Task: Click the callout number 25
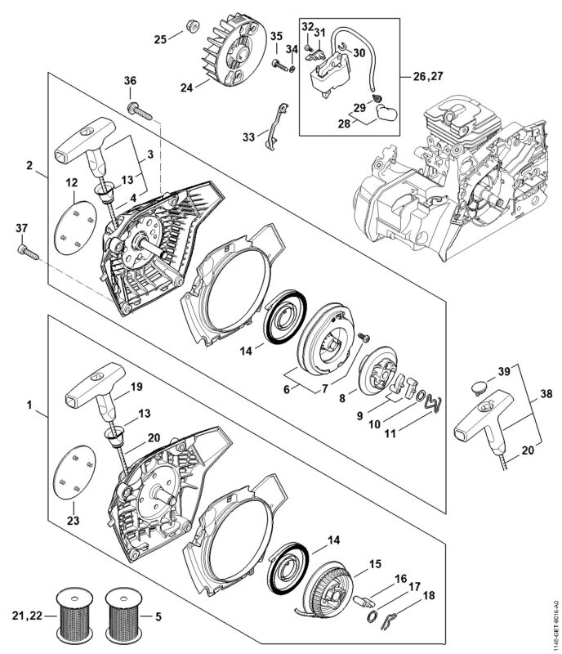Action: pos(160,39)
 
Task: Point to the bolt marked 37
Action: pos(28,253)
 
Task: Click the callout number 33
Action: pos(248,137)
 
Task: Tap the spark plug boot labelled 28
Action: pos(386,113)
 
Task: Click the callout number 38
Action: pos(546,393)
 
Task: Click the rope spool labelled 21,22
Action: pos(74,616)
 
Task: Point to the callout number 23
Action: pos(73,521)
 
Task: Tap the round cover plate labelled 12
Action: pos(75,227)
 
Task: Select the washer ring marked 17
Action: pos(372,616)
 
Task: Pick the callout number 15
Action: pos(375,564)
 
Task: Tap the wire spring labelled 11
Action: pos(433,404)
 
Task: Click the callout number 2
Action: pos(29,165)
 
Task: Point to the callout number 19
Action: pos(136,387)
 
